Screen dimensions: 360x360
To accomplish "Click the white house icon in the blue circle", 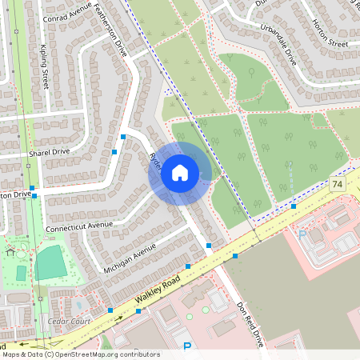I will [180, 172].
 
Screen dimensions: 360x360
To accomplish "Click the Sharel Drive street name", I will [49, 150].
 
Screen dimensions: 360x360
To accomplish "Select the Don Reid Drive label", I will [249, 323].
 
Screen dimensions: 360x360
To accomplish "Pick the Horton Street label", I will [330, 33].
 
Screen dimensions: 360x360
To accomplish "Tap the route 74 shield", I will [337, 185].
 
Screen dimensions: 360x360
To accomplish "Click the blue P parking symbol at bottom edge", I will [188, 347].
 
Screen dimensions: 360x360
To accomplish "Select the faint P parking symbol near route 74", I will [302, 235].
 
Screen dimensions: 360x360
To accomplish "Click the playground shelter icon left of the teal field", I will [10, 251].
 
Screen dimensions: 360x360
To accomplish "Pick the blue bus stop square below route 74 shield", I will [294, 206].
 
